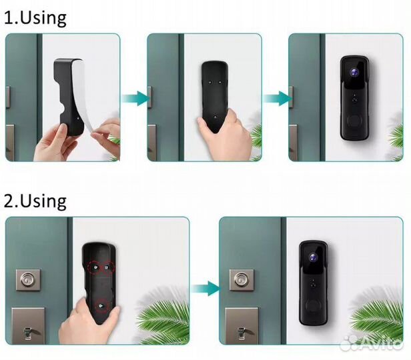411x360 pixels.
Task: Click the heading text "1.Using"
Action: [x=35, y=18]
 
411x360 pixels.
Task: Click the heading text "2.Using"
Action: [x=35, y=201]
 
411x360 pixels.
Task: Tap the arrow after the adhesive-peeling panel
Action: [x=135, y=99]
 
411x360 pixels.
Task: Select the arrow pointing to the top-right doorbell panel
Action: [x=278, y=99]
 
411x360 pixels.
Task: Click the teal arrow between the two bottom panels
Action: [x=205, y=289]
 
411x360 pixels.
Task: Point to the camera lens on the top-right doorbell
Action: [x=354, y=73]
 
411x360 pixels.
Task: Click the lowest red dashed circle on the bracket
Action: [x=101, y=305]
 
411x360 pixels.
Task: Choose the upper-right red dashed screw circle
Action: [x=107, y=267]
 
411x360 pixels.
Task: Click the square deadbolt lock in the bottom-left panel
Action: [x=28, y=279]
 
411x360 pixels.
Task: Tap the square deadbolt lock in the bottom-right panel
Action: [x=242, y=279]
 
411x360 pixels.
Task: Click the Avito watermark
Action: [x=373, y=342]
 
